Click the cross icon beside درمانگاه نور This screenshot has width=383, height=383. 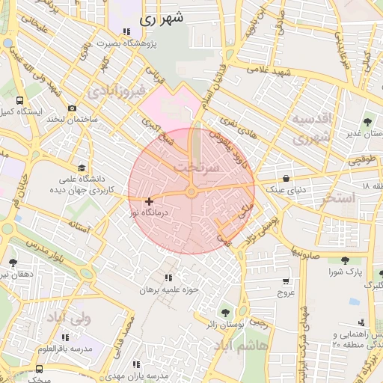(150, 201)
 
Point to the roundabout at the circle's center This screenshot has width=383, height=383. (191, 193)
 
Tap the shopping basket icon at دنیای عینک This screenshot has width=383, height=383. (287, 178)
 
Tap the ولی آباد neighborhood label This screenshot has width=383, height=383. (69, 318)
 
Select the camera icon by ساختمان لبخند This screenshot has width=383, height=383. (72, 108)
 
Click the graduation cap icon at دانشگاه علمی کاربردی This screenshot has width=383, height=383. (81, 168)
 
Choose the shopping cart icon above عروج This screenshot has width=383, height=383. (285, 281)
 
